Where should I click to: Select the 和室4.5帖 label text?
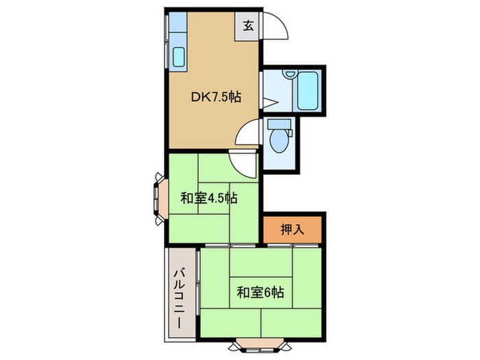(209, 199)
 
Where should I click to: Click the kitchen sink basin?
(179, 57)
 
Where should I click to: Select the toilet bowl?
(280, 141)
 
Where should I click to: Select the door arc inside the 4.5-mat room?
(243, 164)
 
